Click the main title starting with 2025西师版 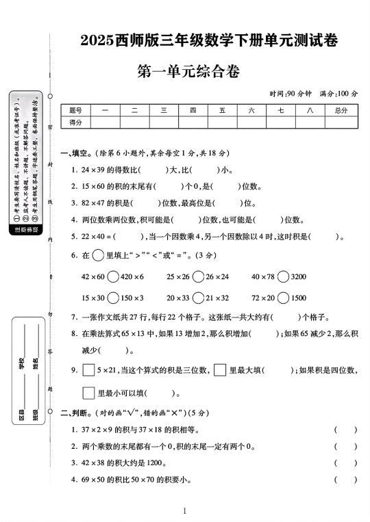click(209, 41)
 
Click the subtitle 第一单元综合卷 click(189, 70)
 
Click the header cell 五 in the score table click(223, 110)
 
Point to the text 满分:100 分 click(339, 93)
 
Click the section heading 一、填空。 click(75, 153)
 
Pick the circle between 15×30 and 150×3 click(112, 298)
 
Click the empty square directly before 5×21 click(88, 370)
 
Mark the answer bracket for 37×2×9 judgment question click(345, 430)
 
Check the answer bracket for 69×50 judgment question click(345, 480)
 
